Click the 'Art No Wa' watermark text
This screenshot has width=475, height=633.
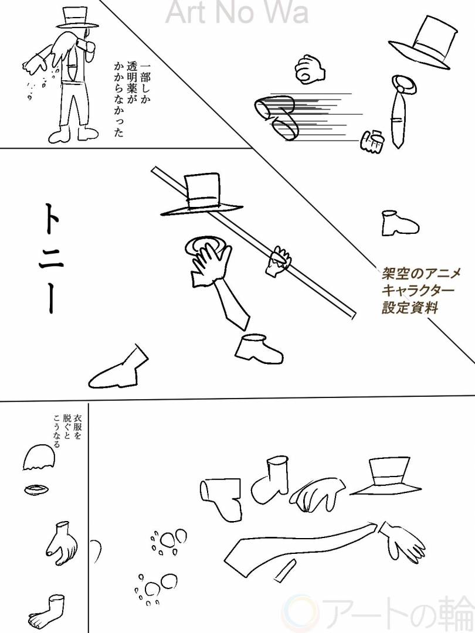tap(237, 12)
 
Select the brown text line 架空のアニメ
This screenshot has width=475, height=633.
tap(421, 274)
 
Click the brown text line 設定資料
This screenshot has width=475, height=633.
tap(410, 308)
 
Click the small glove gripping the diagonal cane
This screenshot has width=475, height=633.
tap(279, 260)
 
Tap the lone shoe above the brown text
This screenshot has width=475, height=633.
tap(400, 223)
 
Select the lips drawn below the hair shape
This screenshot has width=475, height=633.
tap(36, 489)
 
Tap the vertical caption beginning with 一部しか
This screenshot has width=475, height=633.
tap(128, 100)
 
